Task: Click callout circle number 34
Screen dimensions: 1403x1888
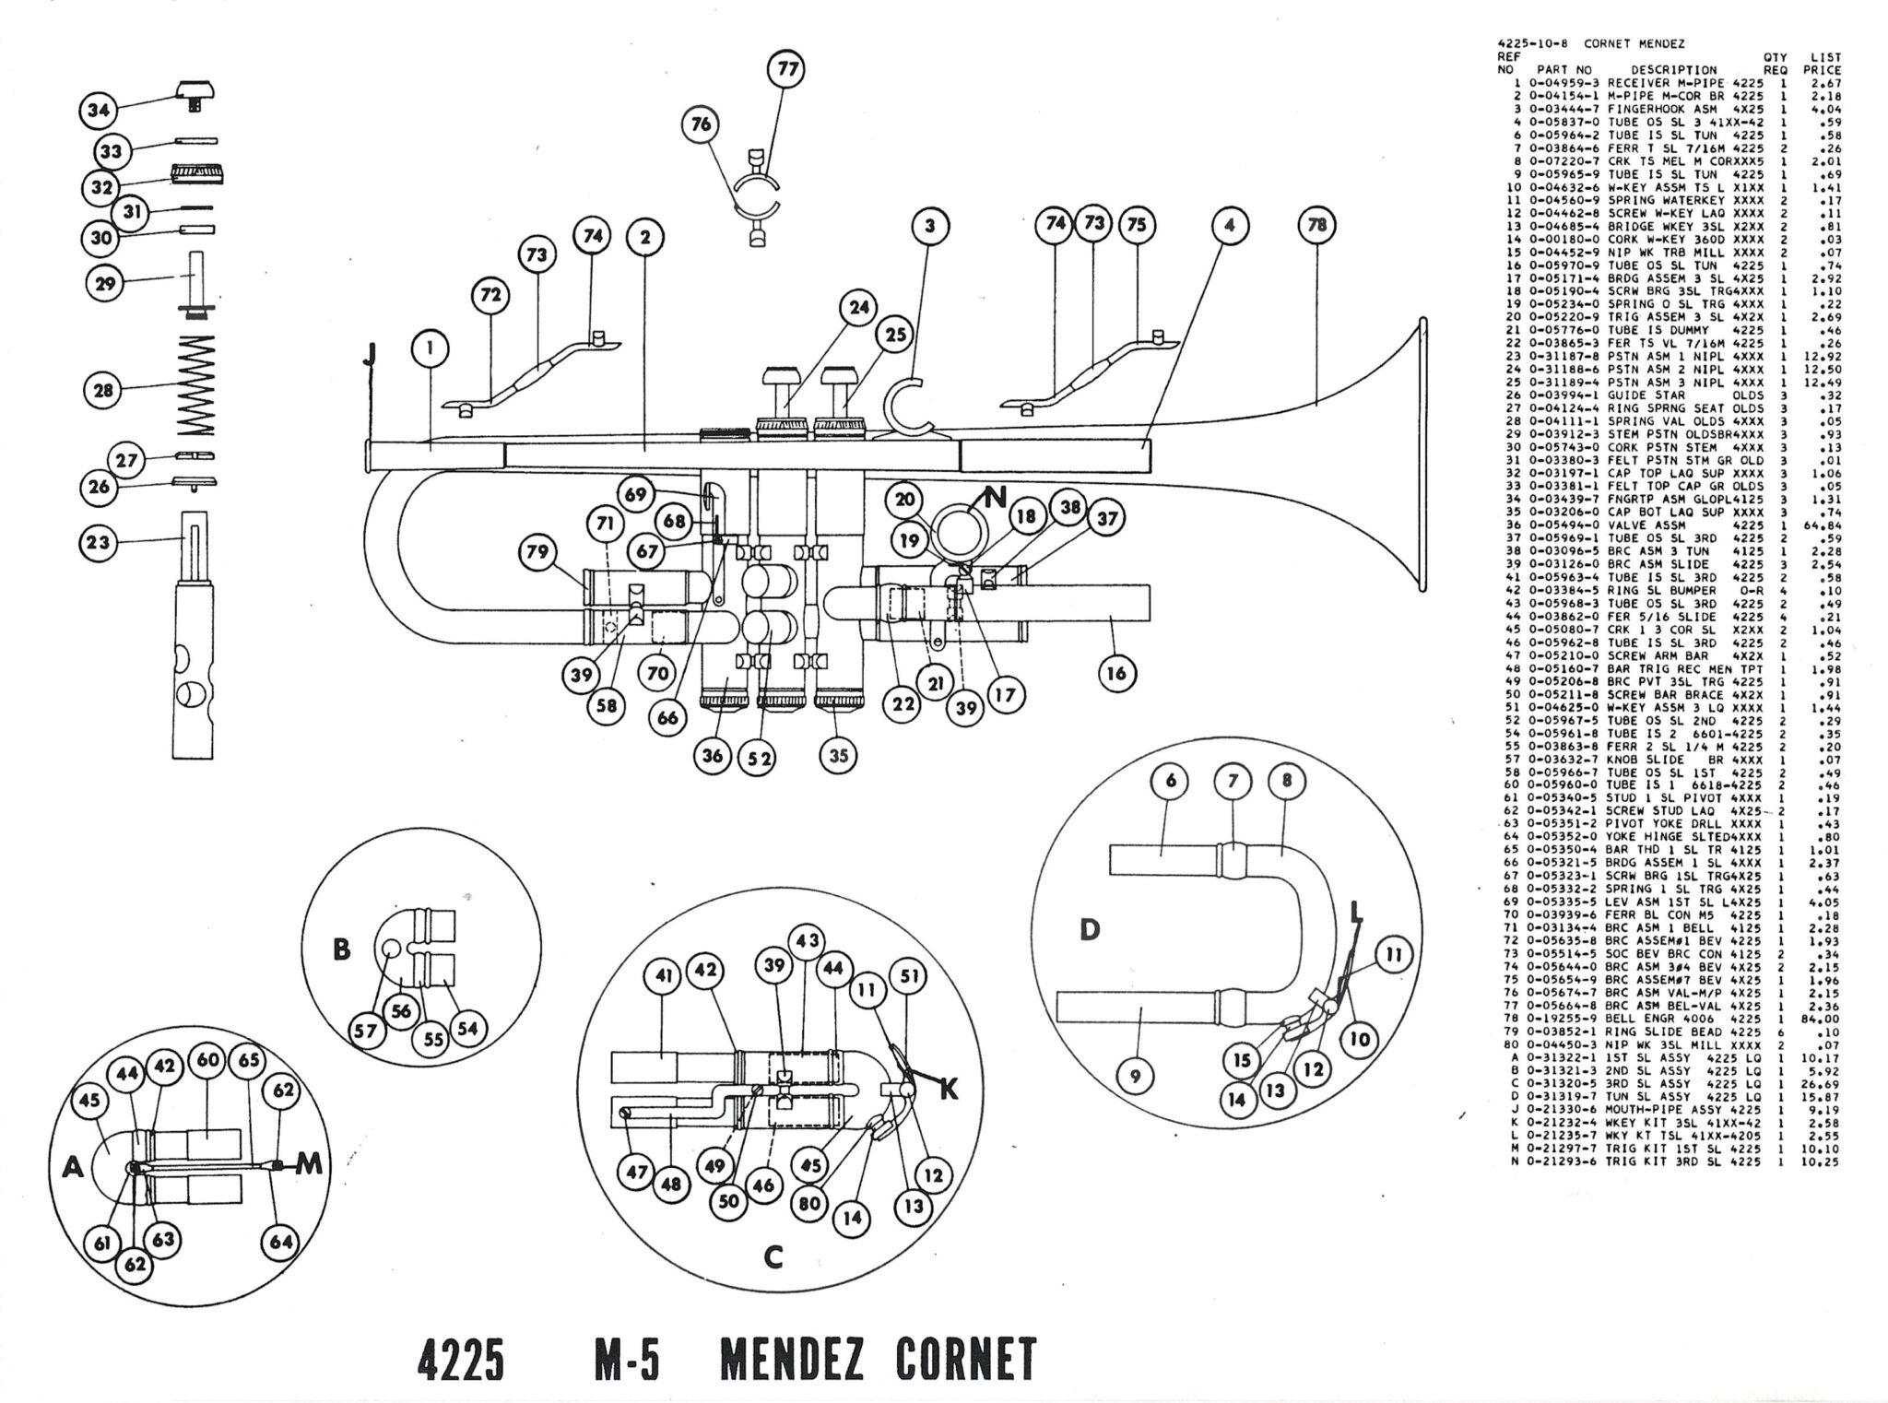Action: [97, 110]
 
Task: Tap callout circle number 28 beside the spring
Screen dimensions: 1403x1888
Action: [104, 390]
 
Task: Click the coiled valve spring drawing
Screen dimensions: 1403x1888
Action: [195, 385]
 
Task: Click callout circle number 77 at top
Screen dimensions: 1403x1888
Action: [787, 69]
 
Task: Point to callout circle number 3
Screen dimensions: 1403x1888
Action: [930, 226]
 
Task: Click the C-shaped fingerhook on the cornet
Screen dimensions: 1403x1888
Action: [908, 406]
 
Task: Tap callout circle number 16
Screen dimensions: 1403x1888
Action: [1116, 674]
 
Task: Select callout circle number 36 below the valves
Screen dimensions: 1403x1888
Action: [714, 756]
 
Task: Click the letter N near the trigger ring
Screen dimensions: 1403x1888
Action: [995, 500]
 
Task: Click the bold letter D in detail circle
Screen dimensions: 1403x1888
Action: [1090, 929]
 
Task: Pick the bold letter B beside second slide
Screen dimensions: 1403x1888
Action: [342, 949]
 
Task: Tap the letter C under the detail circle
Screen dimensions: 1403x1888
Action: [773, 1256]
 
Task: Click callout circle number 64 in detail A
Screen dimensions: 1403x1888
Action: [280, 1242]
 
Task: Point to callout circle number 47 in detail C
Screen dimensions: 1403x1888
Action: [635, 1172]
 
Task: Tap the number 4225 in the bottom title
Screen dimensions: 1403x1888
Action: [459, 1359]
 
